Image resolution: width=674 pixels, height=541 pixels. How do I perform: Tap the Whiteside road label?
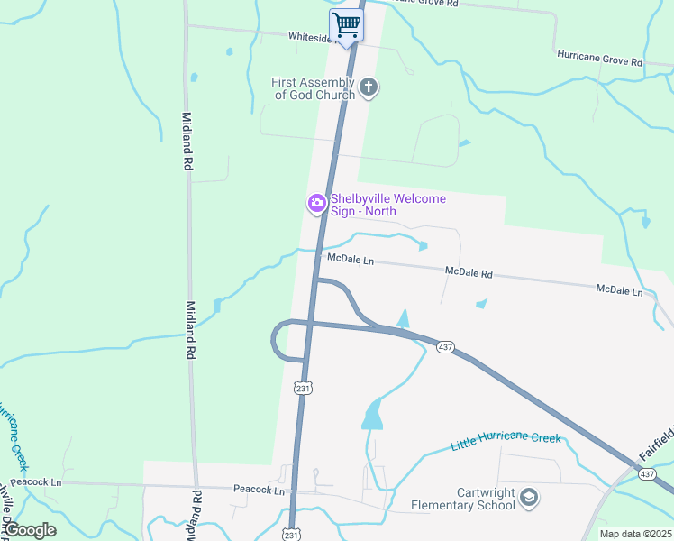[x=311, y=37]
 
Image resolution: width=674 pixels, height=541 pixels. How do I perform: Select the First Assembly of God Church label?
[x=313, y=88]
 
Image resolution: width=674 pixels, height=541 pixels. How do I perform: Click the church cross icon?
[x=368, y=87]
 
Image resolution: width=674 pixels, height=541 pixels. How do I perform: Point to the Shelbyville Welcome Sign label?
[x=388, y=205]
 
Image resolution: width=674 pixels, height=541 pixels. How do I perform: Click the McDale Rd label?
[x=469, y=271]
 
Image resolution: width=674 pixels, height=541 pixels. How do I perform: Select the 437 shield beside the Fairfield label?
[x=646, y=473]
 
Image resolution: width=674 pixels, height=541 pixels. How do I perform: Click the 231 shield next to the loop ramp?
[x=303, y=387]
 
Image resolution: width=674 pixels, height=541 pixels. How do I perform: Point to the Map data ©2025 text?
[x=635, y=534]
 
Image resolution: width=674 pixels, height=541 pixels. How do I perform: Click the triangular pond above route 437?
[x=403, y=318]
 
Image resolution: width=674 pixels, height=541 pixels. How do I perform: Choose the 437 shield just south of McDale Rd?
[x=444, y=347]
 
